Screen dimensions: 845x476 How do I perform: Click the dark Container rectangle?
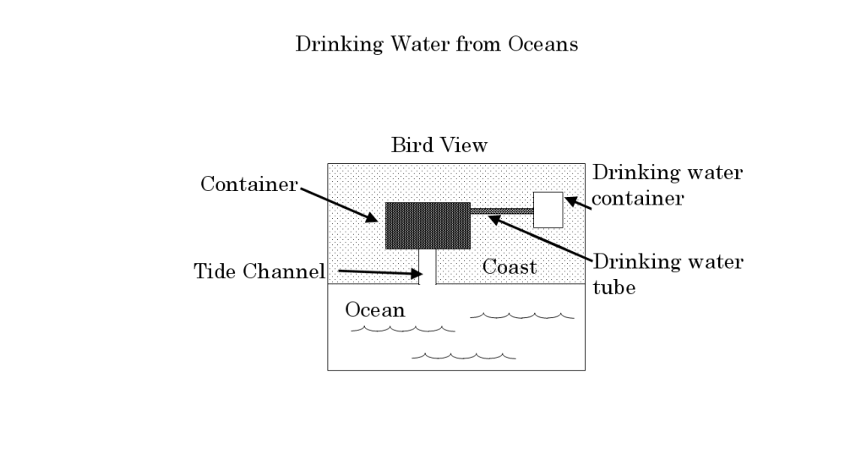tap(428, 226)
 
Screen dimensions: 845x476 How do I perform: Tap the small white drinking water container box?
tap(548, 210)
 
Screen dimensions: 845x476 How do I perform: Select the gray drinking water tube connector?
tap(502, 211)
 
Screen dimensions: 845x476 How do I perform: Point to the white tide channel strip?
tap(428, 266)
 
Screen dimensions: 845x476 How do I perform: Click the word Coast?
tap(510, 267)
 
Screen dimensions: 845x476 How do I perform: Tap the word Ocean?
tap(375, 310)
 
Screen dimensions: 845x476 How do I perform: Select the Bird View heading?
tap(439, 145)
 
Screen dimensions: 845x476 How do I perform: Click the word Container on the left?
tap(249, 184)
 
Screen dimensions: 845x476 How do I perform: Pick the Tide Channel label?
tap(259, 271)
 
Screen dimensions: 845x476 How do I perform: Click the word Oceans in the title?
tap(542, 44)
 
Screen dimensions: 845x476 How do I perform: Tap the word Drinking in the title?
tap(339, 45)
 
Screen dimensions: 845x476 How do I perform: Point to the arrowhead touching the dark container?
tap(371, 216)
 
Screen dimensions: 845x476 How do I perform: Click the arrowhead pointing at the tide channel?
tap(416, 274)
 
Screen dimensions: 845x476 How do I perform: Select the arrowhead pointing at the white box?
tap(571, 201)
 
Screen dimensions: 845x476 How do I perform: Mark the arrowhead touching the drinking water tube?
tap(495, 220)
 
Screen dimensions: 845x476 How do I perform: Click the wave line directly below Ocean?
tap(403, 329)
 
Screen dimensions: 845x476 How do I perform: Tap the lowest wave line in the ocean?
tap(463, 356)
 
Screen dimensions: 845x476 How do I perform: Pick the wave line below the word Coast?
tap(522, 315)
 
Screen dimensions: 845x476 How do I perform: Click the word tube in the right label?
tap(613, 287)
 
